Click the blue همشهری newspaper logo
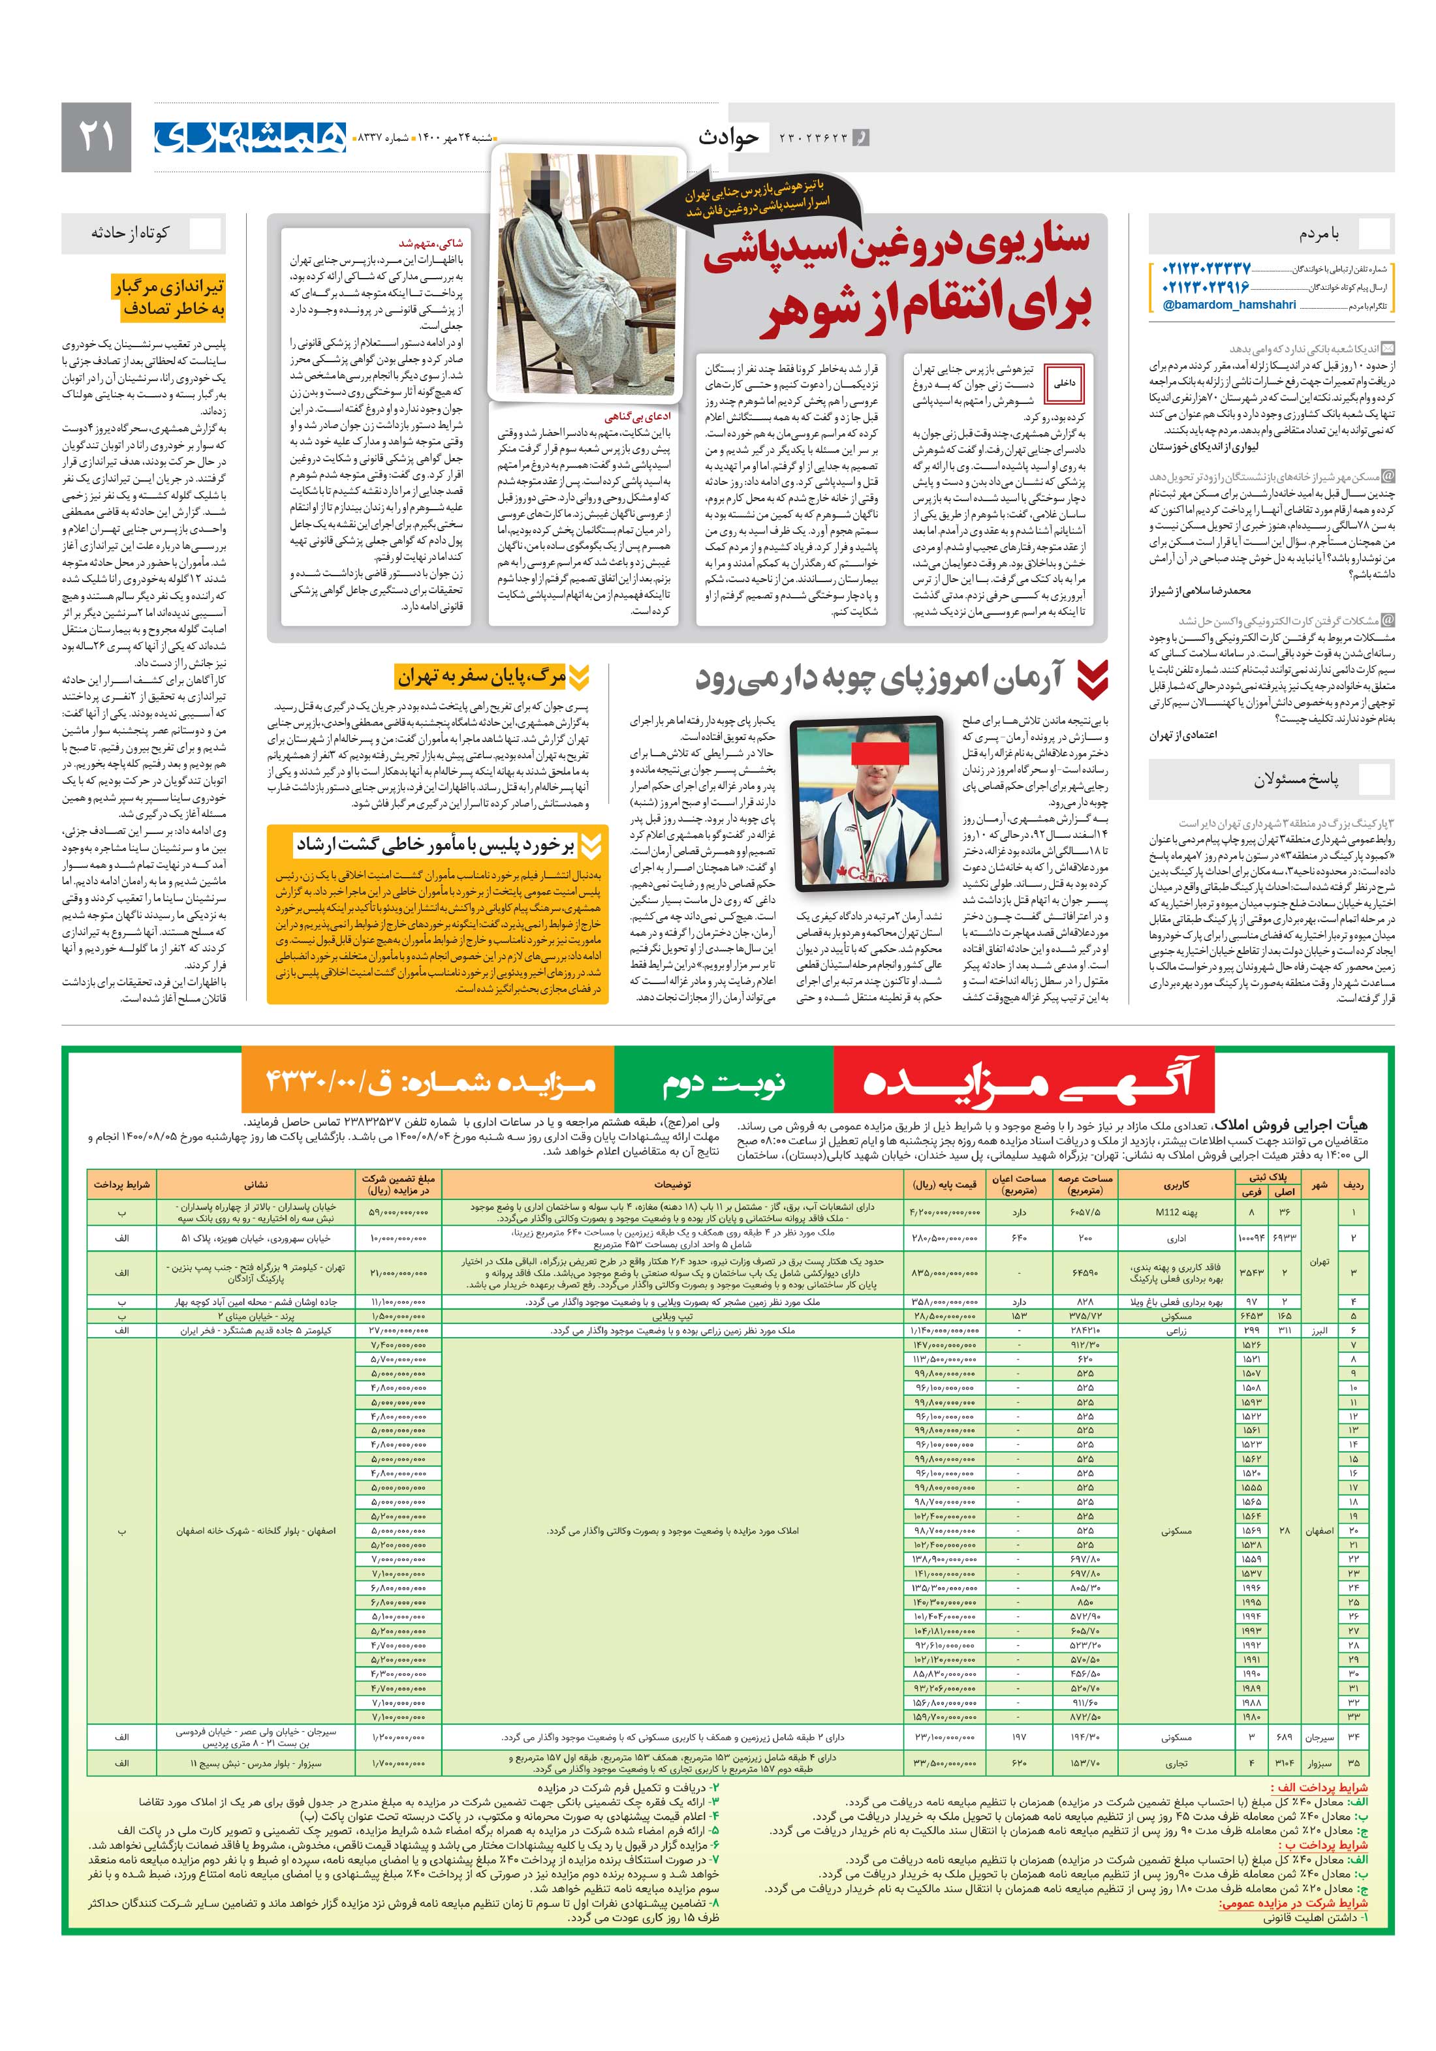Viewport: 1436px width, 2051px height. coord(250,136)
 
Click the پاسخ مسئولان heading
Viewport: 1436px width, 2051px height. coord(1295,780)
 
